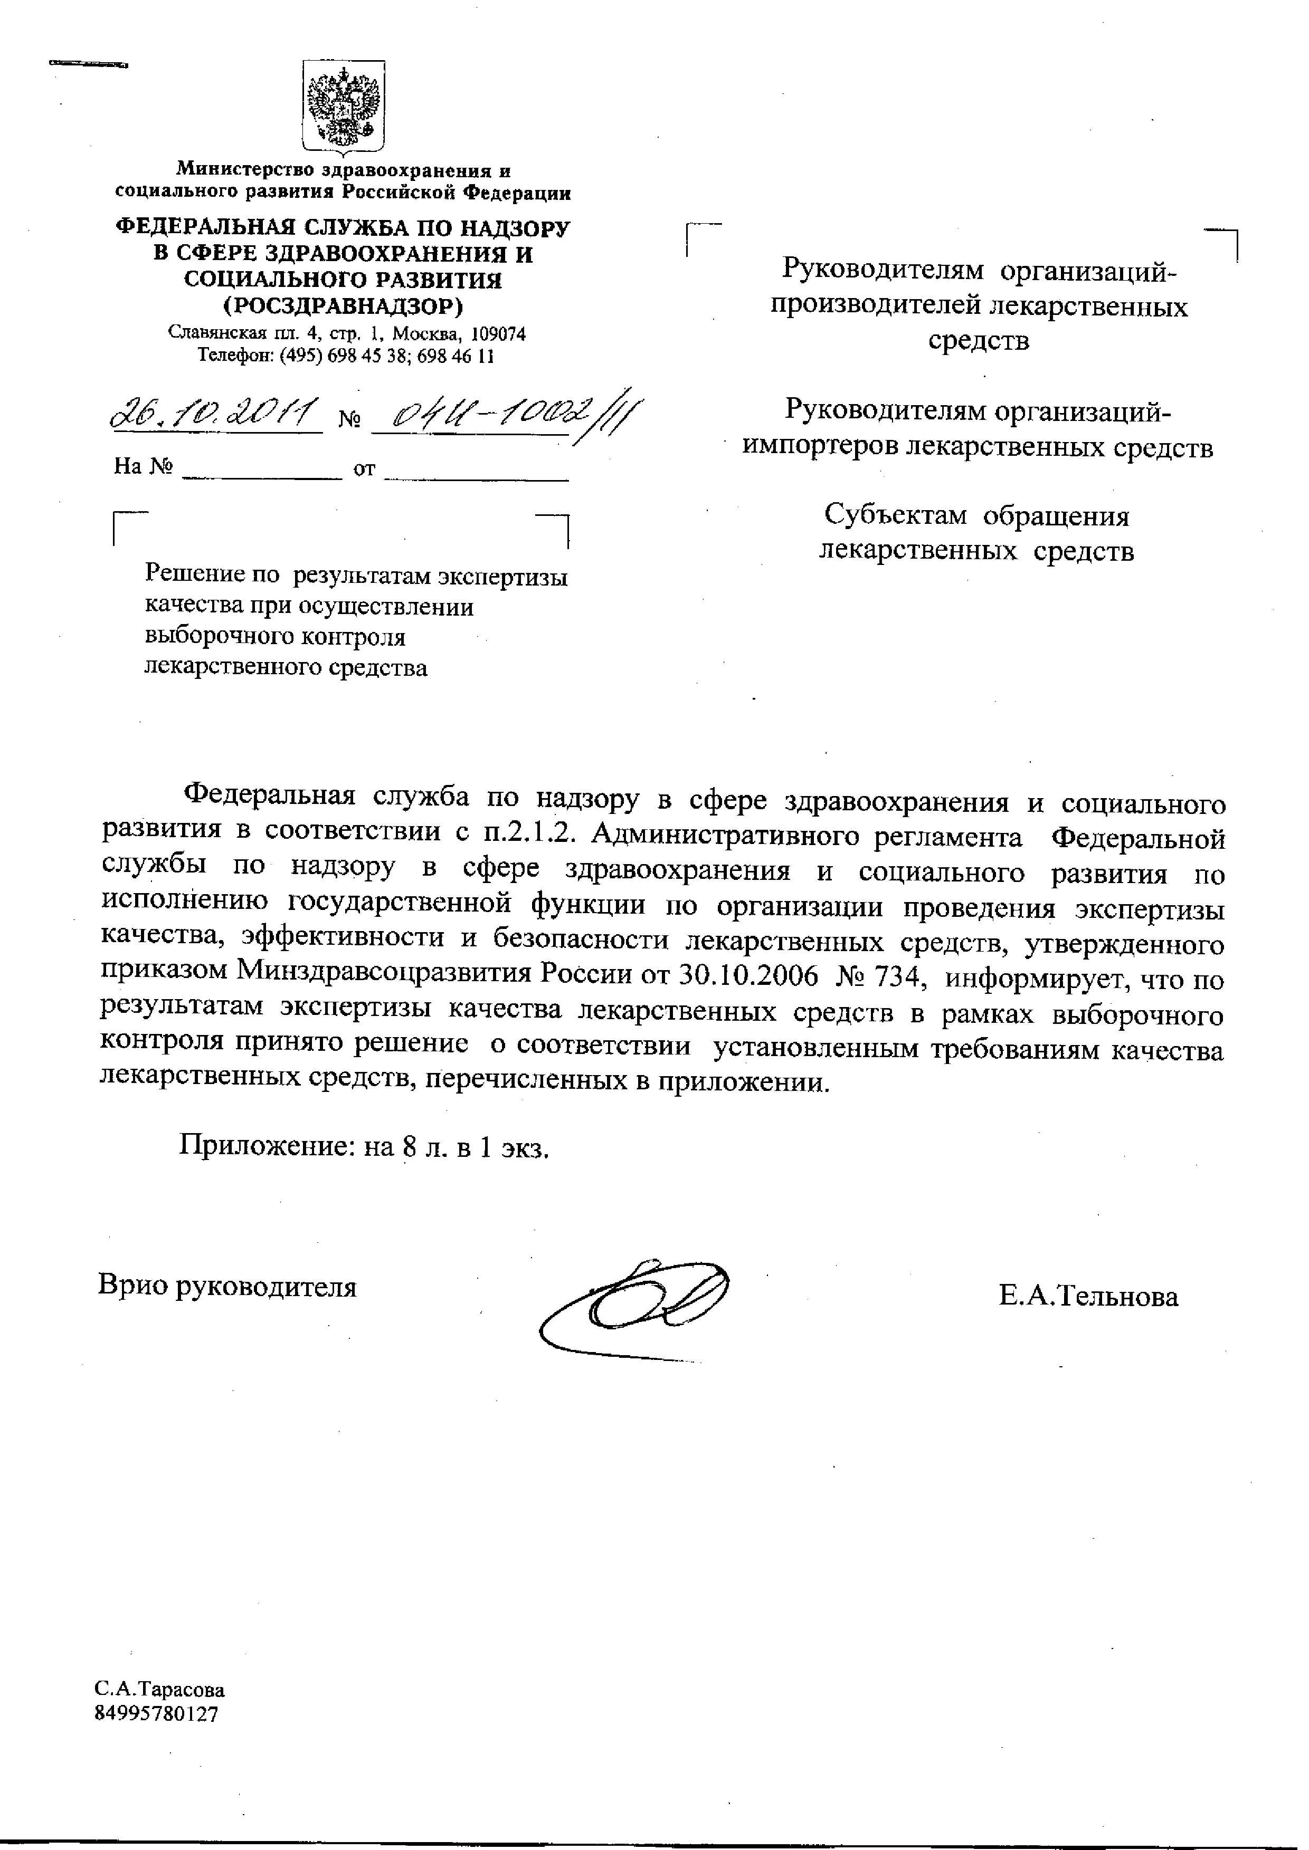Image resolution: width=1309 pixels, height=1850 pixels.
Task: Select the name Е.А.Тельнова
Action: [x=1088, y=1297]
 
